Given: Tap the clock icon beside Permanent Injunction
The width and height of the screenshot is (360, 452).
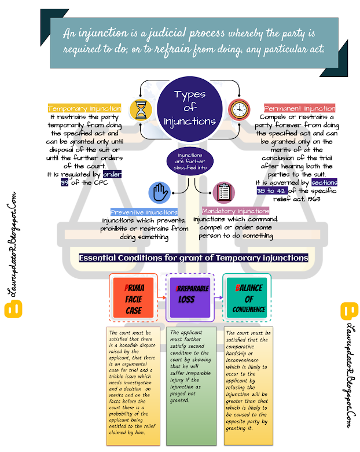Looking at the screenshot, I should [x=237, y=108].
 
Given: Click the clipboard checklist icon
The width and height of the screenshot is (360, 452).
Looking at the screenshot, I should [x=223, y=192].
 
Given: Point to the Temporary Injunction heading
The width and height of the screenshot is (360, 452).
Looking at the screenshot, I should [x=84, y=108].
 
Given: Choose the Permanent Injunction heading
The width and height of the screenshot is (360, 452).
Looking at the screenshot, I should [x=299, y=108].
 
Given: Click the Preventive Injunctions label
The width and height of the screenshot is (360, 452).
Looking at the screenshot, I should [x=145, y=212].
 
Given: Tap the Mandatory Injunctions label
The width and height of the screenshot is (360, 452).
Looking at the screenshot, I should [x=236, y=211].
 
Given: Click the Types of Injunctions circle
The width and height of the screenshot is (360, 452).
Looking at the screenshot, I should [x=189, y=109].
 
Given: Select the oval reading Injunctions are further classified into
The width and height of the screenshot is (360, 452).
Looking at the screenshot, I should [x=189, y=160].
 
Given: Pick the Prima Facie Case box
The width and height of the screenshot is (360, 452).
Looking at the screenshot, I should [x=133, y=297].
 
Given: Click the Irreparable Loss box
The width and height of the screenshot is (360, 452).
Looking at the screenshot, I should [x=189, y=297].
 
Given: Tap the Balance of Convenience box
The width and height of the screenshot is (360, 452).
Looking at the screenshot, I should [x=249, y=297].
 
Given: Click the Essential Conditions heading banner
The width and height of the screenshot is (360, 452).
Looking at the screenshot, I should [x=193, y=258].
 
